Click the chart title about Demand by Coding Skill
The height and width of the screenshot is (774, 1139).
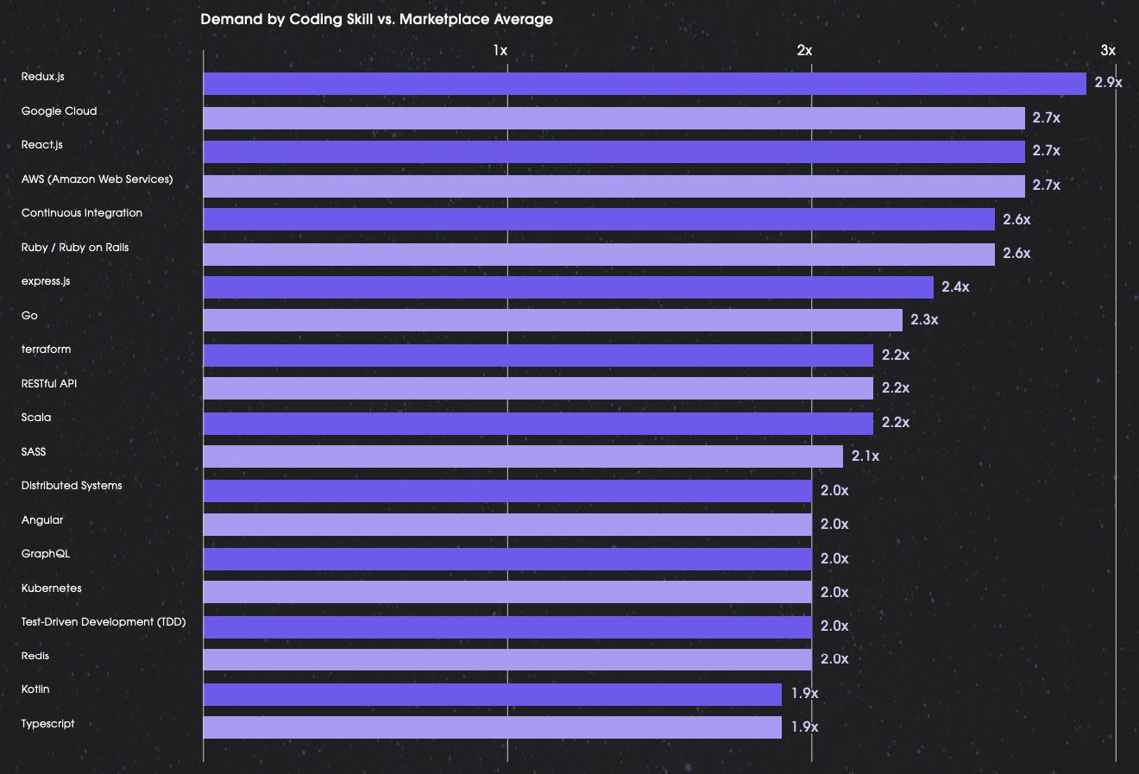(376, 19)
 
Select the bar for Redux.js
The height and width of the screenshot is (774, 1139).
(644, 84)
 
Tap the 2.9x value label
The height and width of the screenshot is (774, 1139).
(1108, 83)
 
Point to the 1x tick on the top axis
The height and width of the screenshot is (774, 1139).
(500, 50)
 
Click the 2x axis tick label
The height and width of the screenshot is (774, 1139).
(804, 50)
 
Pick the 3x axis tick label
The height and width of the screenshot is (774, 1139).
(1108, 50)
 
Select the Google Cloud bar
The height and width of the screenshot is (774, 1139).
(614, 118)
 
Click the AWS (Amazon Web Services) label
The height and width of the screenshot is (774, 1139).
(97, 179)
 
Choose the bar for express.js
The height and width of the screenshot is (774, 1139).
(568, 287)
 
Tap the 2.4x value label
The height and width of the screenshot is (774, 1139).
(955, 286)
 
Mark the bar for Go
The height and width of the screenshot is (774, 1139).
(552, 321)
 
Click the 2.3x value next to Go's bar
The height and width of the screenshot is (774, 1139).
(924, 320)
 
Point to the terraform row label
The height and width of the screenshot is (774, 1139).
(47, 349)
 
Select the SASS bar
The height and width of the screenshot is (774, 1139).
(522, 456)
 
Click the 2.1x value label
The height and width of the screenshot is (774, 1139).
(865, 456)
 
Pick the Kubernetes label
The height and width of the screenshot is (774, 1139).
(52, 588)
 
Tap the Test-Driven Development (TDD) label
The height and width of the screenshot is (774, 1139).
(104, 622)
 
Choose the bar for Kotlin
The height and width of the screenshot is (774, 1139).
(492, 695)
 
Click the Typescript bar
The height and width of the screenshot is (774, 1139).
(492, 727)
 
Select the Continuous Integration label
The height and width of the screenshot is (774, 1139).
(82, 213)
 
